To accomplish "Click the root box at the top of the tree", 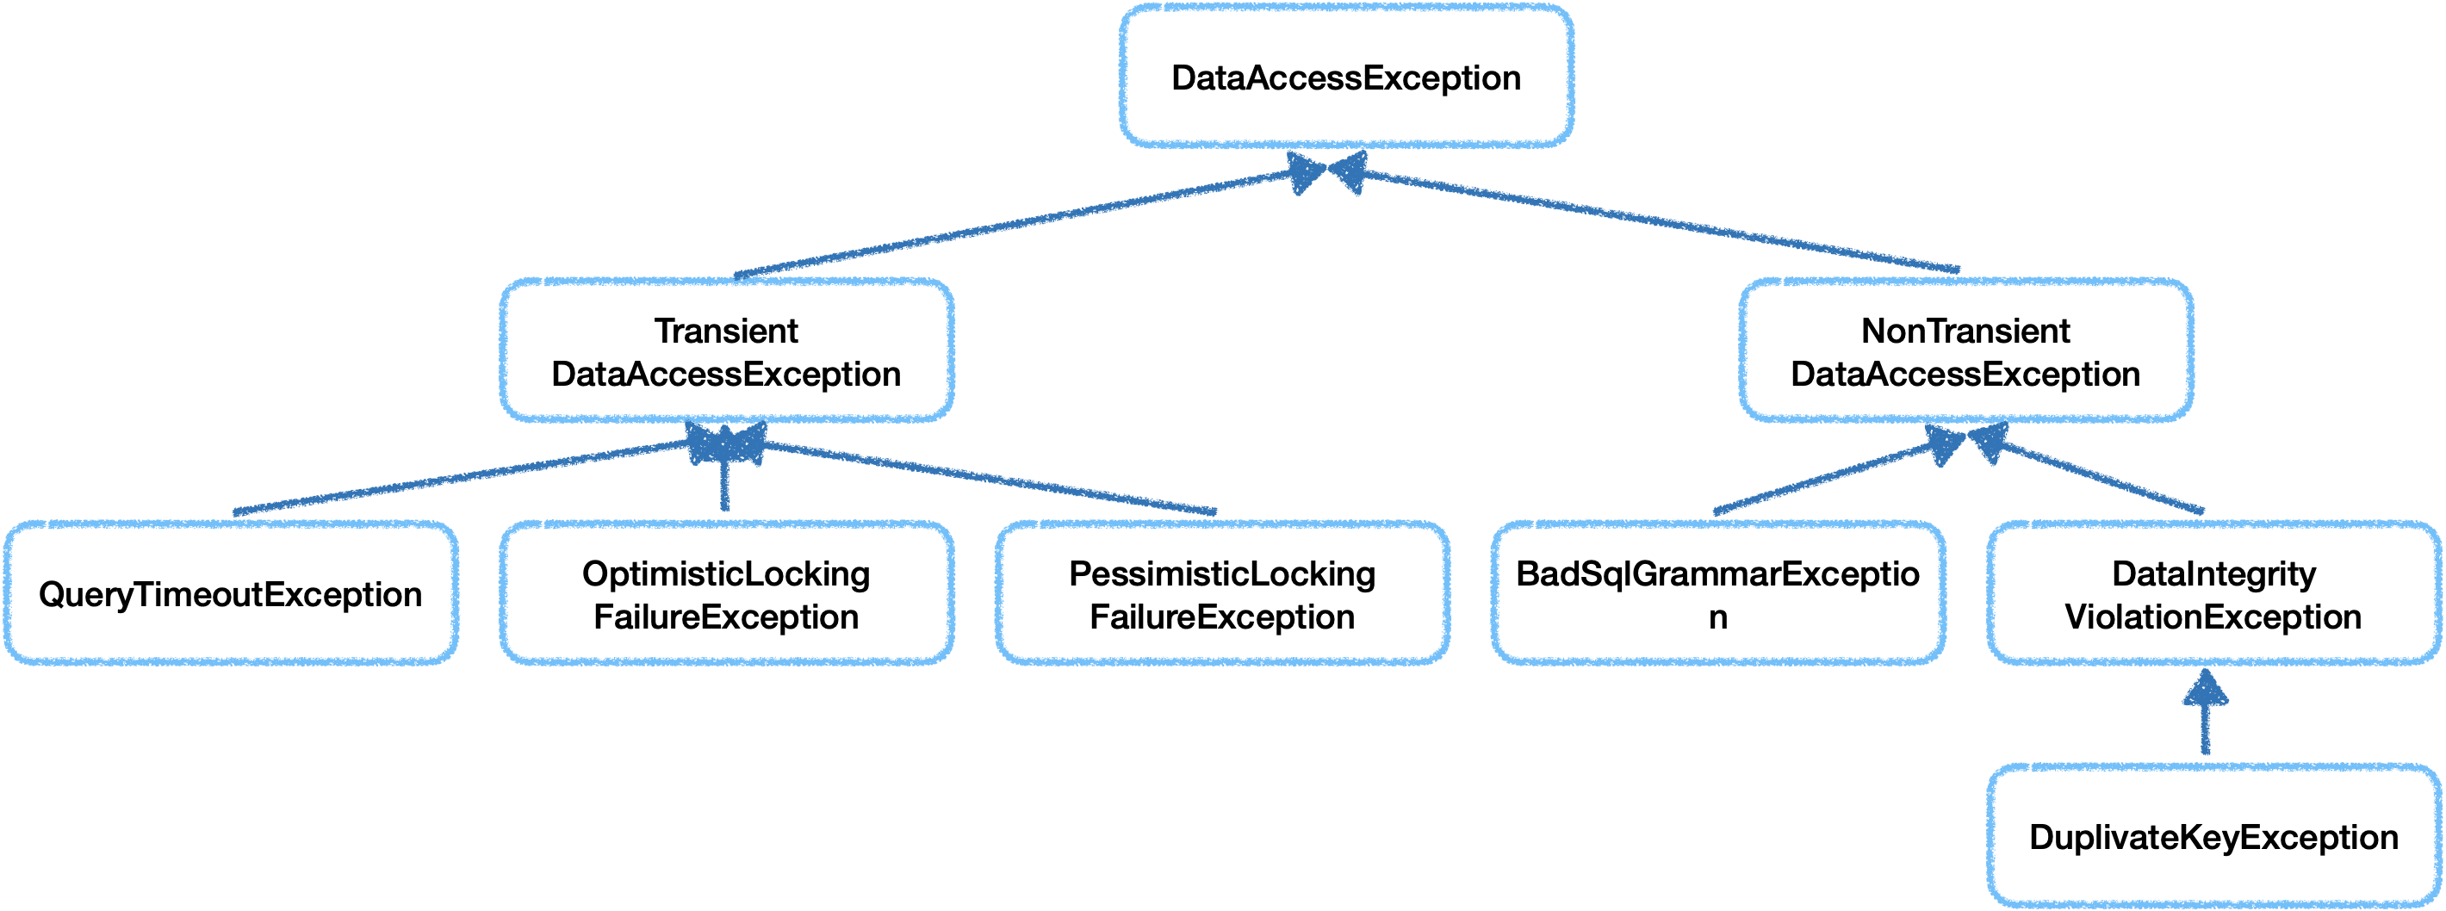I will tap(1346, 76).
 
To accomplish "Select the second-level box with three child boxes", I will tap(726, 350).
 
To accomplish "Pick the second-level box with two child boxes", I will tap(1966, 350).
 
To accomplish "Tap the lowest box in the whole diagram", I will tap(2213, 836).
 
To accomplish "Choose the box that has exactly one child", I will tap(2213, 592).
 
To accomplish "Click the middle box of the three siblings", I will tap(726, 592).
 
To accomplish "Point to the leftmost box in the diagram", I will tap(232, 592).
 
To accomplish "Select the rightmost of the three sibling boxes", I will tap(1222, 592).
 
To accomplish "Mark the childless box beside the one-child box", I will tap(1717, 592).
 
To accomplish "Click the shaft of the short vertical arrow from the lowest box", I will tap(2205, 731).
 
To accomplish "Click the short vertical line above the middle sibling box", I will tap(725, 489).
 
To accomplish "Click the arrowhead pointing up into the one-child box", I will tap(2205, 689).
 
